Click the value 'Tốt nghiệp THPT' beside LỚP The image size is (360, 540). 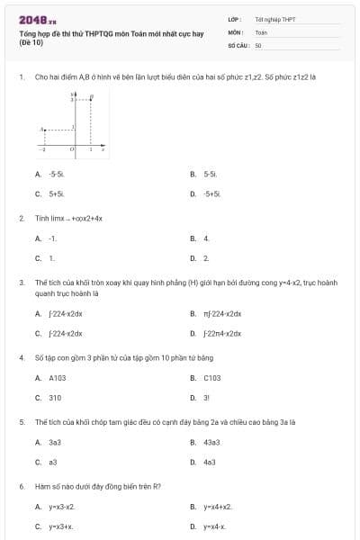[274, 18]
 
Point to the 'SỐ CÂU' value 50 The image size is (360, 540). [258, 44]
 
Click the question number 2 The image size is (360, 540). [21, 218]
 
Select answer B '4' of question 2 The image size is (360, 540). [206, 238]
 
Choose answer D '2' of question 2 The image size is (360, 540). [206, 258]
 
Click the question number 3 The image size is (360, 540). [21, 283]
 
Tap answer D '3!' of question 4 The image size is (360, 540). [206, 398]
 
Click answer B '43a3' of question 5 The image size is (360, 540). [210, 443]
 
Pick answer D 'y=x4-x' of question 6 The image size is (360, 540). [214, 526]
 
